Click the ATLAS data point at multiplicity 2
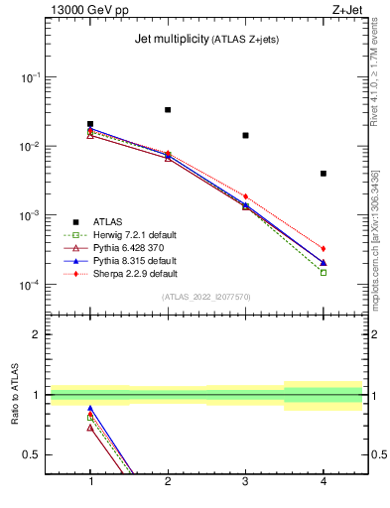pyautogui.click(x=168, y=110)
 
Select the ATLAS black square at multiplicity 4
pyautogui.click(x=324, y=174)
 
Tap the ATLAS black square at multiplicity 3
pyautogui.click(x=245, y=135)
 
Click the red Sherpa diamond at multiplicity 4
pyautogui.click(x=324, y=248)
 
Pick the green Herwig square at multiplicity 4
pyautogui.click(x=324, y=272)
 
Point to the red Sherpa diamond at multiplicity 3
pyautogui.click(x=245, y=196)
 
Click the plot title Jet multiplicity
pyautogui.click(x=169, y=40)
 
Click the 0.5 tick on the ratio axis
pyautogui.click(x=34, y=454)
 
